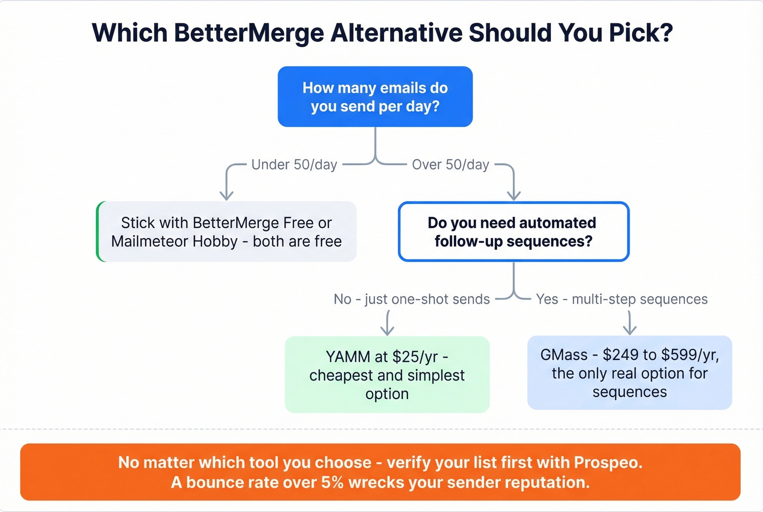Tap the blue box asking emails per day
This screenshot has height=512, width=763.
[x=375, y=97]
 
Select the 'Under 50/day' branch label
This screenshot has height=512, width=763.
[x=294, y=165]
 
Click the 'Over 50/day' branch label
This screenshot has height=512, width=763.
[x=450, y=165]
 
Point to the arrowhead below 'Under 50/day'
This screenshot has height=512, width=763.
[x=227, y=195]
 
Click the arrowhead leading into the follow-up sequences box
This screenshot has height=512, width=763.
[x=513, y=195]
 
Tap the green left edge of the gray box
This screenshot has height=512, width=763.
[x=98, y=232]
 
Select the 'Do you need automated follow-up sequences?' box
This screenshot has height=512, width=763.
[x=513, y=232]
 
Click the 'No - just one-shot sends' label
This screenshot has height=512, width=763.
[x=411, y=299]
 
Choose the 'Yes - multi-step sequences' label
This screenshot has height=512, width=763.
[x=621, y=299]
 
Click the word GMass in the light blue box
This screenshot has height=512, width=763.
[x=564, y=355]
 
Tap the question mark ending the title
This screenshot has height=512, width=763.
[x=666, y=33]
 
